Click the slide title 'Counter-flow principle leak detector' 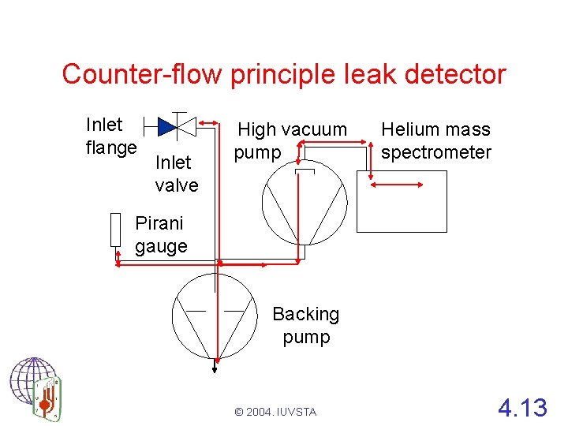click(283, 74)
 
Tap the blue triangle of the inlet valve click(166, 126)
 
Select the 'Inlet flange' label click(111, 136)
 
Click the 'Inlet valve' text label click(177, 174)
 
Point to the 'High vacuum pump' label click(291, 140)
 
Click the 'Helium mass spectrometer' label click(435, 140)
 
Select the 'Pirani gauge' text click(161, 234)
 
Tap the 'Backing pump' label click(306, 325)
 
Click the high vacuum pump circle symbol click(304, 207)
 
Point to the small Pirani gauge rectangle click(116, 230)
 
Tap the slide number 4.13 click(521, 408)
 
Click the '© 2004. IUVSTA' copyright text click(275, 412)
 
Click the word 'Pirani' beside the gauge click(160, 223)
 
